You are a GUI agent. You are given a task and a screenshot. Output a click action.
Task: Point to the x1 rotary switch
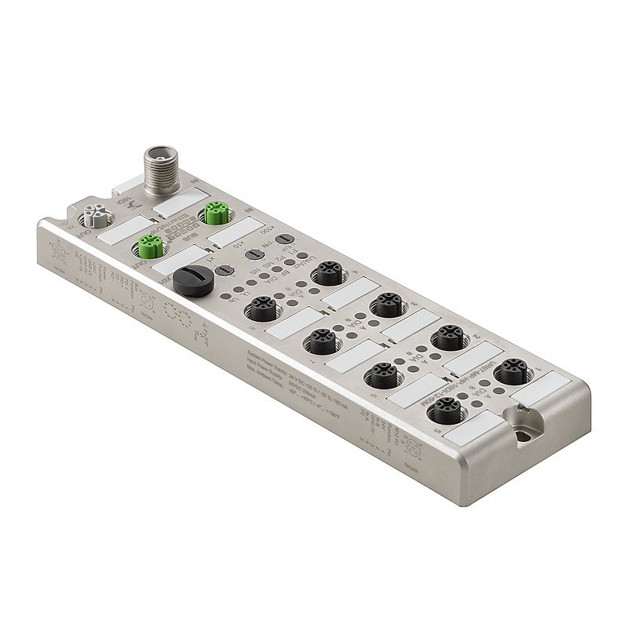pos(224,268)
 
